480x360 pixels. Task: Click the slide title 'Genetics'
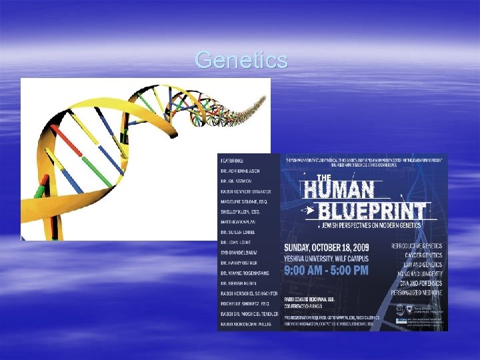click(241, 61)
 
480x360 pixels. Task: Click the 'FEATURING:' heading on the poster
click(231, 161)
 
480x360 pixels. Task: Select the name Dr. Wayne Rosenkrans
click(248, 273)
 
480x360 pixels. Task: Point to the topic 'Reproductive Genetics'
click(416, 246)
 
